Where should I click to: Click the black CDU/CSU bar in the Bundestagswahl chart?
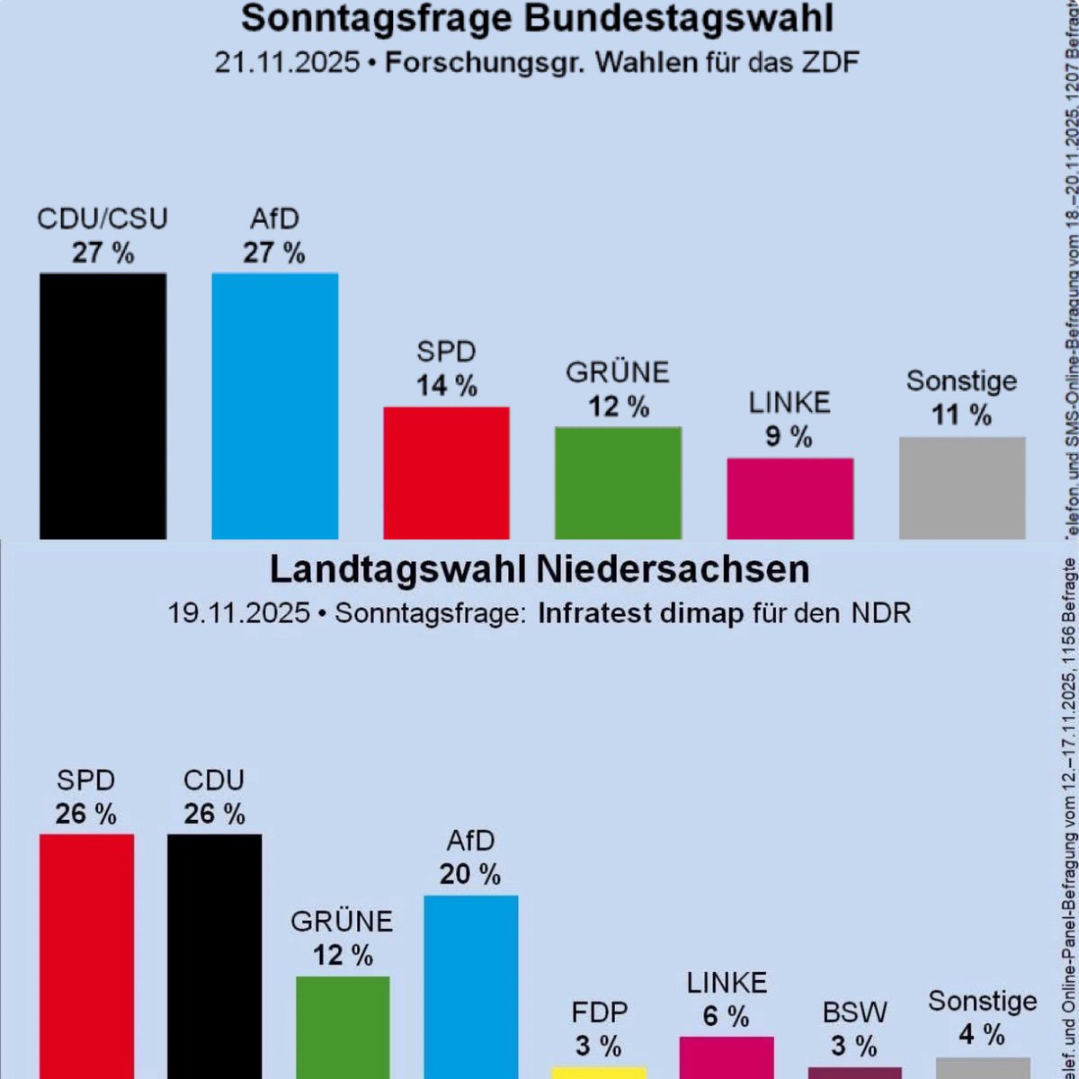pyautogui.click(x=103, y=405)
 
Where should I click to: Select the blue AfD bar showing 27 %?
pyautogui.click(x=274, y=405)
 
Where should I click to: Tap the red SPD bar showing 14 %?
pyautogui.click(x=446, y=472)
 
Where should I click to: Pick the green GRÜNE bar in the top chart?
pyautogui.click(x=618, y=482)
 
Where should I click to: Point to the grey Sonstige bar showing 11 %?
pyautogui.click(x=962, y=487)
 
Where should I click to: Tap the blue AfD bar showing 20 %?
pyautogui.click(x=470, y=985)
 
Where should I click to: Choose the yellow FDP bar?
pyautogui.click(x=598, y=1072)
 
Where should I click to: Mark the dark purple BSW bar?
pyautogui.click(x=854, y=1072)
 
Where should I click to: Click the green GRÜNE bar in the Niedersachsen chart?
pyautogui.click(x=343, y=1026)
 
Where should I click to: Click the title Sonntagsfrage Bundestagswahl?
pyautogui.click(x=538, y=19)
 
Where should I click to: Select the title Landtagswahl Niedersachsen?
pyautogui.click(x=539, y=569)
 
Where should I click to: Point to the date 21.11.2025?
pyautogui.click(x=287, y=64)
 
